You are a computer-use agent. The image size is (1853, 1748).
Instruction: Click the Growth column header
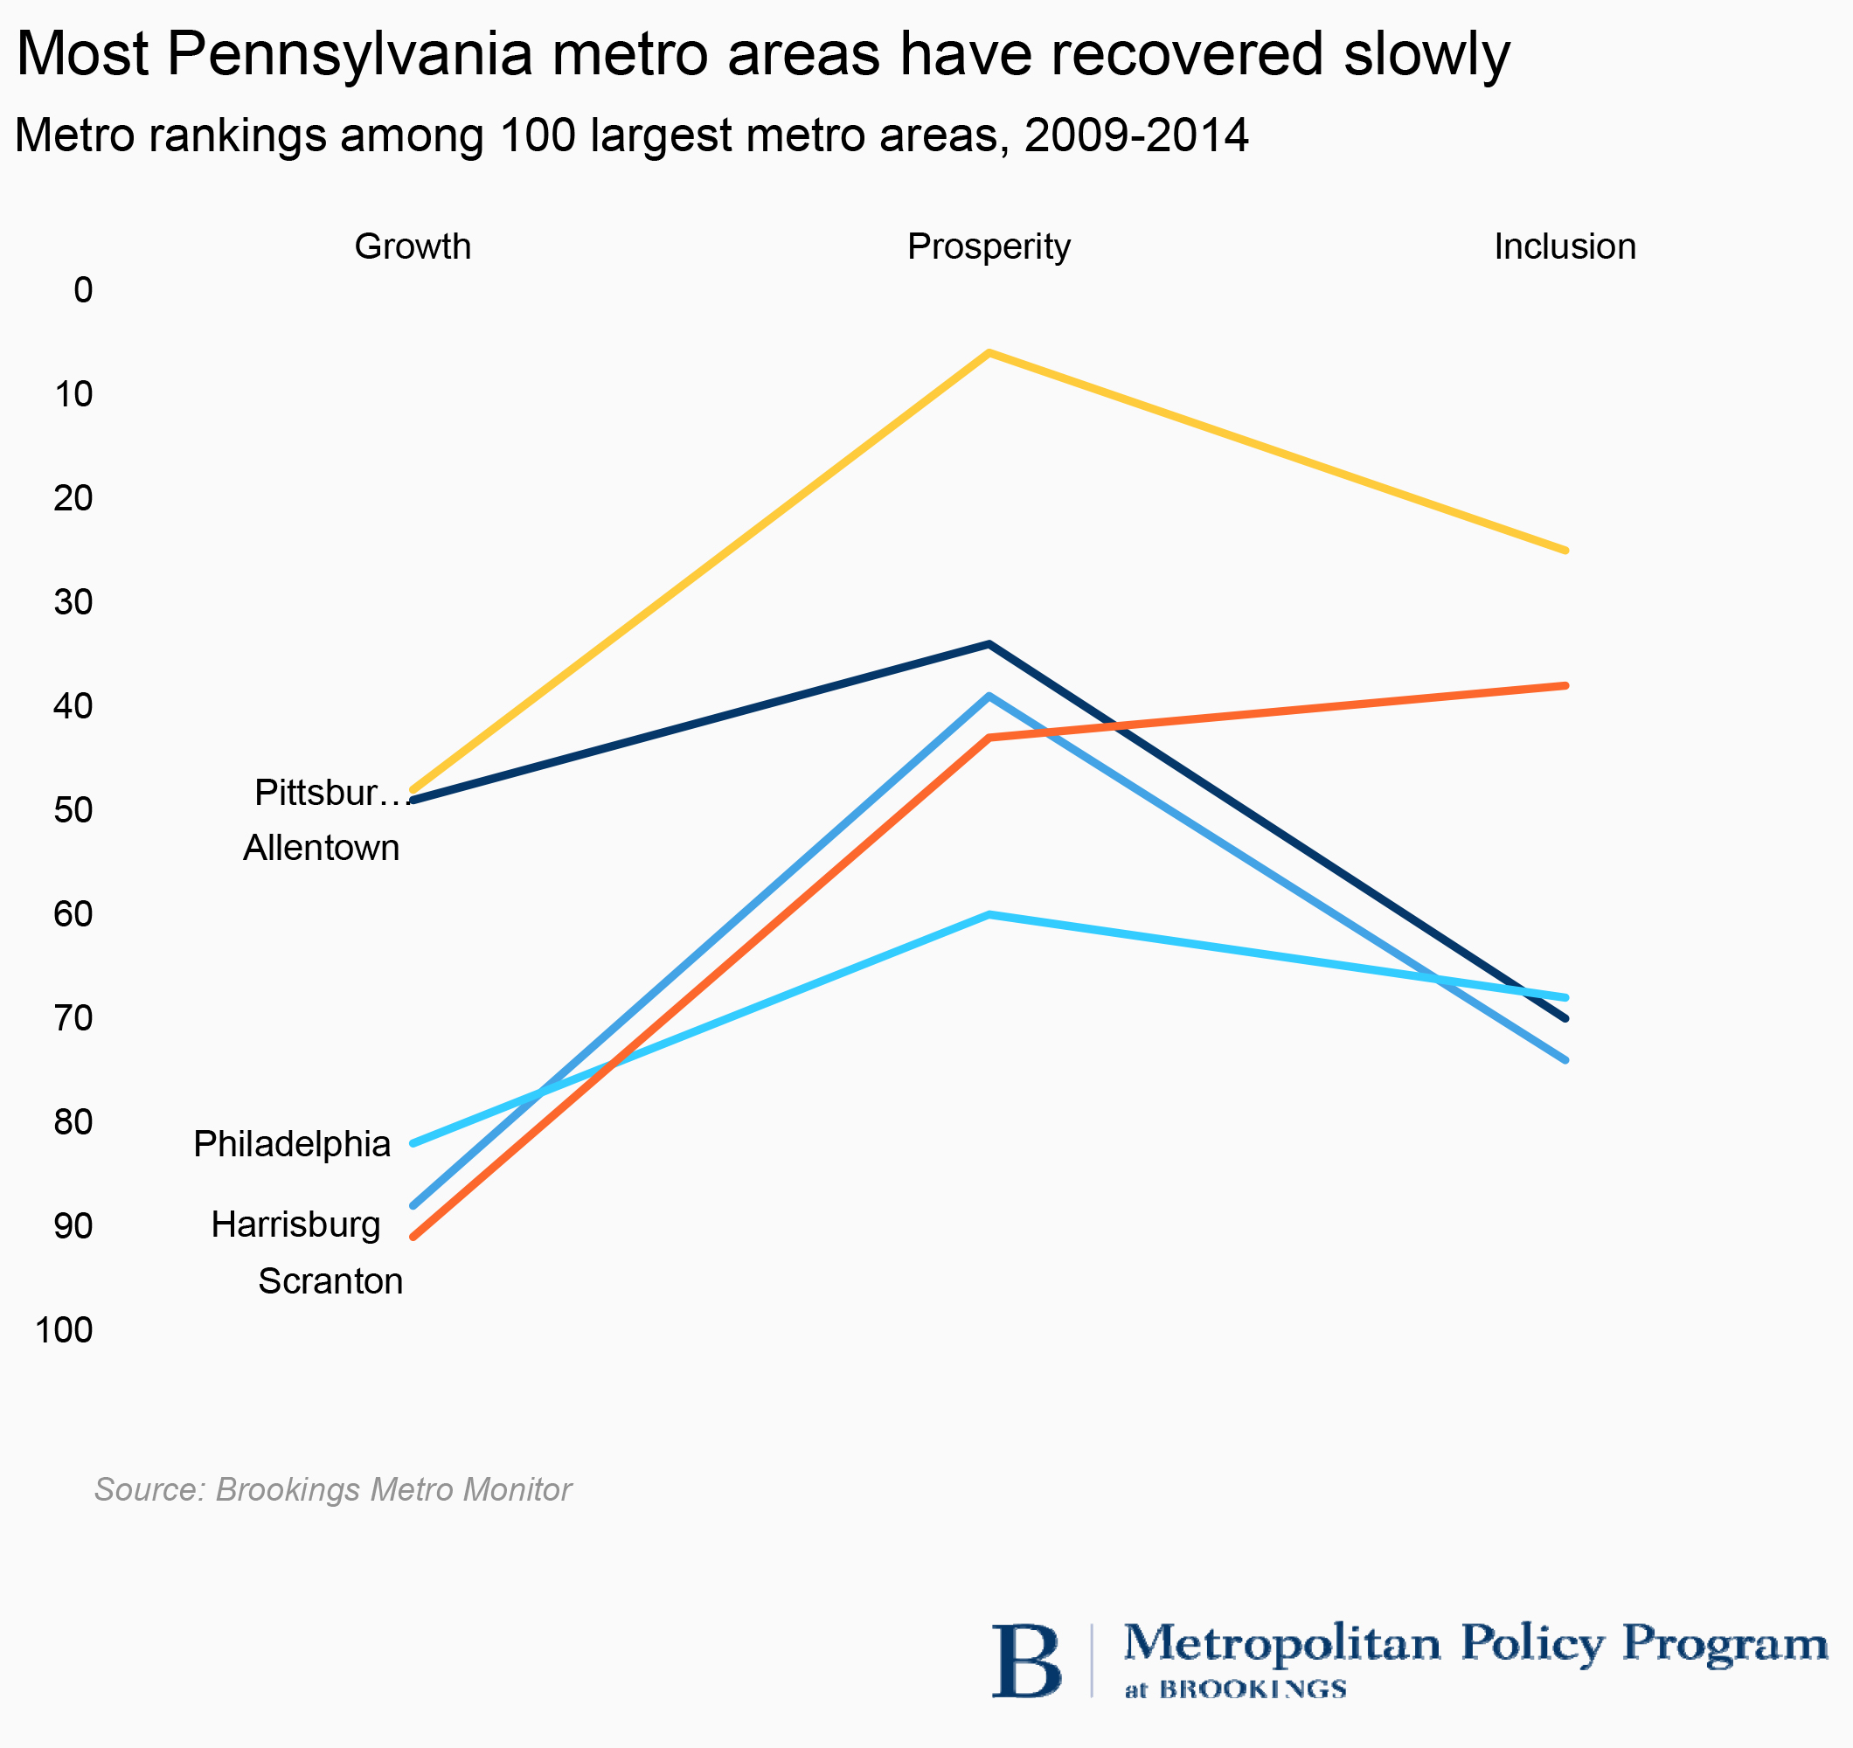coord(412,247)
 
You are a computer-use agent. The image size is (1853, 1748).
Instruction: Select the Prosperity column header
coord(989,247)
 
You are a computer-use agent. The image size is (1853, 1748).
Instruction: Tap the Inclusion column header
coord(1565,247)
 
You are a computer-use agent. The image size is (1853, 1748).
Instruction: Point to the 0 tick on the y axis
coord(83,291)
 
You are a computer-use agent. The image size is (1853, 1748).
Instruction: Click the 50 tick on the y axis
coord(73,810)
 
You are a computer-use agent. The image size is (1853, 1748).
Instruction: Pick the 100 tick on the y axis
coord(65,1330)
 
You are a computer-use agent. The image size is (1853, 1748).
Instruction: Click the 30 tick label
coord(73,602)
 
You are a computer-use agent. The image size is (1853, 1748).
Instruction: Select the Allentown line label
coord(322,849)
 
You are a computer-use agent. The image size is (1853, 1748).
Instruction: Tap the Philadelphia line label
coord(292,1144)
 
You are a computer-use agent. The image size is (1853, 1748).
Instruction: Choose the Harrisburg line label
coord(295,1224)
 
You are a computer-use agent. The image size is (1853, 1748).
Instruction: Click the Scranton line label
coord(330,1282)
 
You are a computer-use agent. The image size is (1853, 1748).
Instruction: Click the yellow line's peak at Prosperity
coord(989,352)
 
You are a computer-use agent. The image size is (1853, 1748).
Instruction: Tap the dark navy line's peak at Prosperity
coord(989,644)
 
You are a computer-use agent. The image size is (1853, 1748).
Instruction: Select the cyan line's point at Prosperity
coord(989,914)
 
